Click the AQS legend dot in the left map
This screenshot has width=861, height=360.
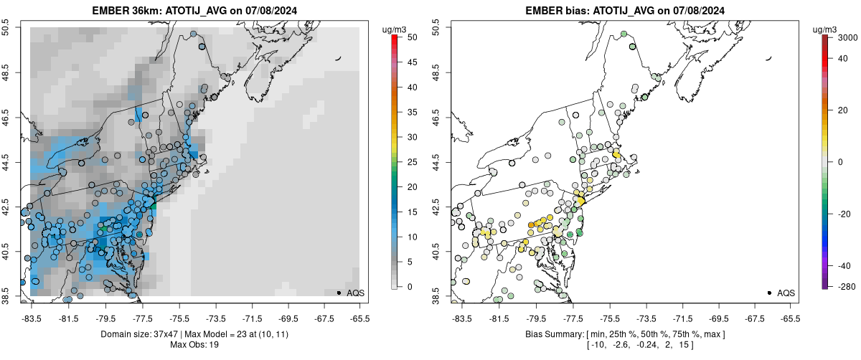tap(339, 293)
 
